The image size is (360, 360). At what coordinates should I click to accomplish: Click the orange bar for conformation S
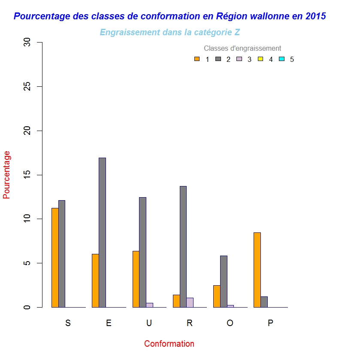(x=55, y=258)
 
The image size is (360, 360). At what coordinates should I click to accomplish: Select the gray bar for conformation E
(x=102, y=232)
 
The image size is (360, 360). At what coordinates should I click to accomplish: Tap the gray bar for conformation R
(x=183, y=247)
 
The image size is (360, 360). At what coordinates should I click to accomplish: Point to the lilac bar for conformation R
(x=190, y=302)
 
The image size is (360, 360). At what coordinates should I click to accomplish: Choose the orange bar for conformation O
(x=217, y=296)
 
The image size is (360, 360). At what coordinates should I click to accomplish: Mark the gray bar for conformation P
(x=264, y=302)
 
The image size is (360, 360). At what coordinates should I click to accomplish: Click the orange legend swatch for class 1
(x=197, y=59)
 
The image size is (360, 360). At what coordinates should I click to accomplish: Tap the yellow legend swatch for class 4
(x=260, y=59)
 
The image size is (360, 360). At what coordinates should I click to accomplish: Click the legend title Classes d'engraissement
(x=242, y=49)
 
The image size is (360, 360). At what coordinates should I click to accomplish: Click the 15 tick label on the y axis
(x=28, y=175)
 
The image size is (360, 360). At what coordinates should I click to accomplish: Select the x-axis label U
(x=149, y=323)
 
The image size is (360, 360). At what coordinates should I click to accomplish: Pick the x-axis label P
(x=270, y=323)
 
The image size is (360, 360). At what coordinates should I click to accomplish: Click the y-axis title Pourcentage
(x=6, y=174)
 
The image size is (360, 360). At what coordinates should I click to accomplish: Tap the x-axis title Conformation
(x=169, y=344)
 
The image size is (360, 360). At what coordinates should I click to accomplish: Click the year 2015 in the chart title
(x=316, y=16)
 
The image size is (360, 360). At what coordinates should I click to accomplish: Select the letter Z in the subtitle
(x=237, y=32)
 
